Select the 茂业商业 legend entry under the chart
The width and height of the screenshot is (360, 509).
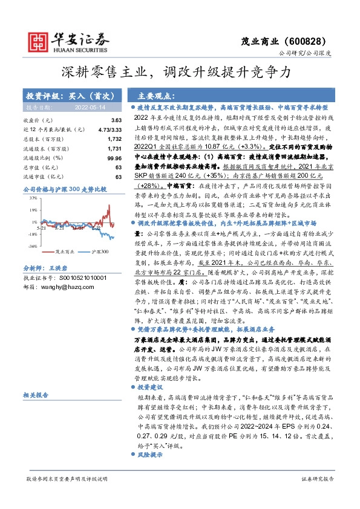[64, 251]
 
